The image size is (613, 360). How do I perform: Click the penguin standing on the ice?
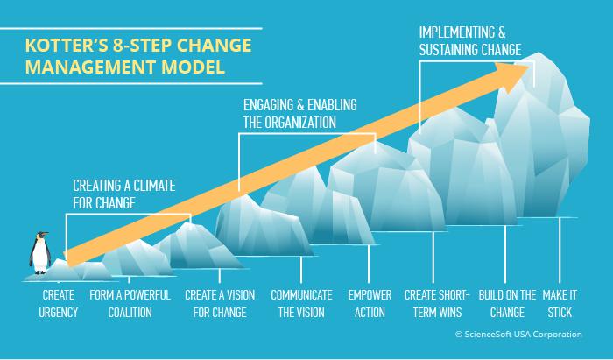click(x=39, y=253)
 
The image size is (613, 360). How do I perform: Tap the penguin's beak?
click(x=46, y=234)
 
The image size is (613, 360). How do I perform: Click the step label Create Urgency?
click(x=59, y=304)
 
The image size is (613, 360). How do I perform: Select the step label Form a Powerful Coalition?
click(x=130, y=304)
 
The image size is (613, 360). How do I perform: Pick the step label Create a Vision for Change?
click(x=220, y=304)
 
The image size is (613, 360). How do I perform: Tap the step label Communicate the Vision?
click(x=301, y=304)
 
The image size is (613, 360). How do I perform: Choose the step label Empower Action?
click(x=370, y=304)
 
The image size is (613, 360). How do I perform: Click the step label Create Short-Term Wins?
click(x=437, y=304)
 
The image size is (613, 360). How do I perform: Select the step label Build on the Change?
click(x=507, y=304)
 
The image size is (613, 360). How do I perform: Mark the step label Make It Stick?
click(x=560, y=304)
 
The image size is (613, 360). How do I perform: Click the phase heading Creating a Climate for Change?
click(x=124, y=194)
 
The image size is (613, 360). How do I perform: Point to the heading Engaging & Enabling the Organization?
click(x=299, y=114)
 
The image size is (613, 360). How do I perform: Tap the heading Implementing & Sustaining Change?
click(x=470, y=41)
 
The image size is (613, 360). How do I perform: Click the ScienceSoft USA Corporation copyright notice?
click(x=518, y=335)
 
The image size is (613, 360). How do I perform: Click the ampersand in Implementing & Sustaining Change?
click(x=502, y=32)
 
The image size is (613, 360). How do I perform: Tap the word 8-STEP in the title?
click(x=143, y=46)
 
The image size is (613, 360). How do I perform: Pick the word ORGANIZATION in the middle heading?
click(x=300, y=123)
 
